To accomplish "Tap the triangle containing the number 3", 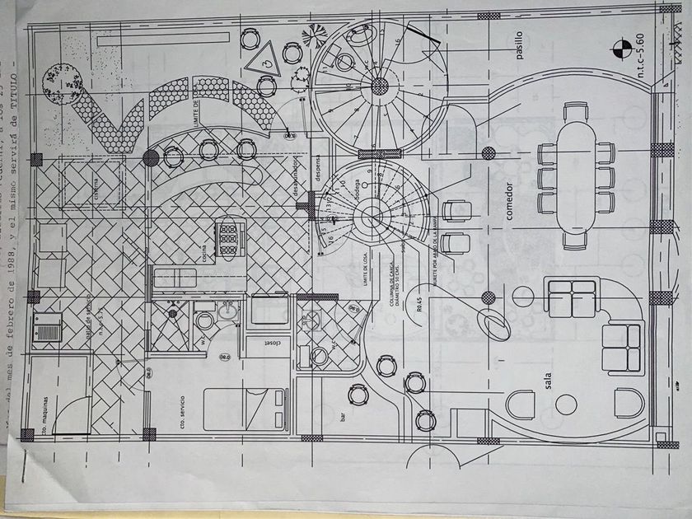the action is (265, 57).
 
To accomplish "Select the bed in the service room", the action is (239, 409).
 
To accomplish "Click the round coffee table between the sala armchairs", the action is (566, 404).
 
